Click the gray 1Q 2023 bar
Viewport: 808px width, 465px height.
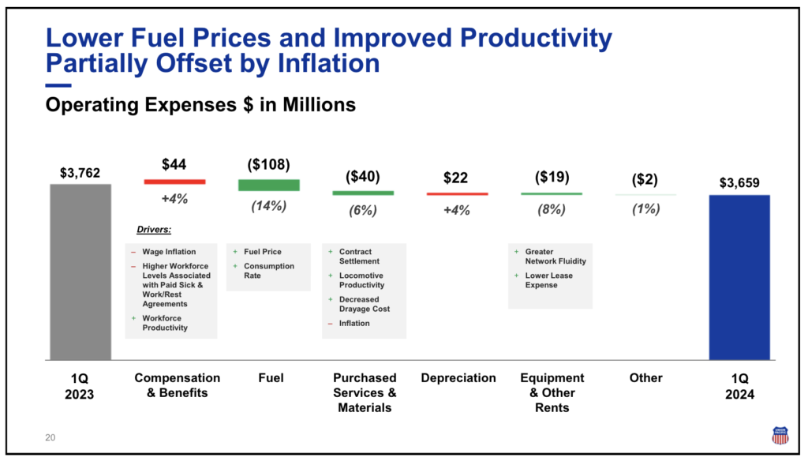click(x=80, y=272)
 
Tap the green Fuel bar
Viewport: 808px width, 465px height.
click(x=269, y=185)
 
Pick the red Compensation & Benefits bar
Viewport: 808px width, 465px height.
click(x=174, y=182)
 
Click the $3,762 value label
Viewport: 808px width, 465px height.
click(x=80, y=172)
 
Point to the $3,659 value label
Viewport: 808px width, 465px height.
click(x=739, y=182)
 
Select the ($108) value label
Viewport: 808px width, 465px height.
click(x=269, y=164)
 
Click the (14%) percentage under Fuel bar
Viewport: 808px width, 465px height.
click(x=269, y=206)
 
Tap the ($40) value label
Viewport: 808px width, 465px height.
click(x=363, y=177)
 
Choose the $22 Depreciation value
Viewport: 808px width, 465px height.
click(x=457, y=178)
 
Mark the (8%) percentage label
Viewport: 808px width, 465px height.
click(x=552, y=210)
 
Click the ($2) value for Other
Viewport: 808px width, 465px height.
click(x=645, y=179)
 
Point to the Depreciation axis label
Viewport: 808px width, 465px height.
click(x=458, y=378)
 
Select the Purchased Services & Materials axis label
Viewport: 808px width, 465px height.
click(x=365, y=392)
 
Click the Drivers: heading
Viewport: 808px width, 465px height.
click(x=154, y=231)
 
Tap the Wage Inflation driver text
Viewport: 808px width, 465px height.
click(x=169, y=252)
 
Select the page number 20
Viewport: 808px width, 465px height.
click(x=50, y=437)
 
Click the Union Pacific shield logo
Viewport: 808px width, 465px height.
click(x=780, y=435)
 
